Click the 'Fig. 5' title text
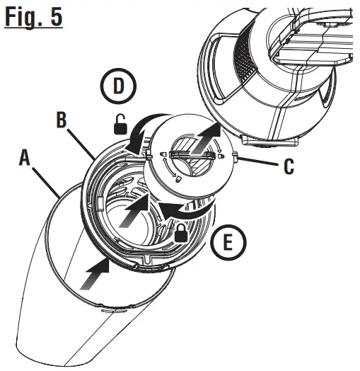pos(33,16)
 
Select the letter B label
pos(62,120)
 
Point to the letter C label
pos(289,166)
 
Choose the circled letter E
pos(228,244)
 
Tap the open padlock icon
pos(122,126)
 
